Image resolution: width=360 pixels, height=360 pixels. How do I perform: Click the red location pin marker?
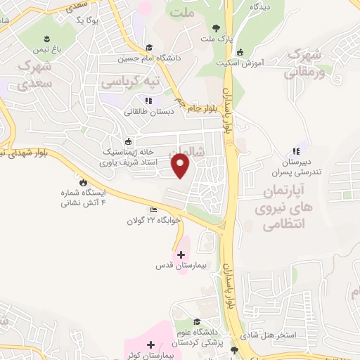click(181, 166)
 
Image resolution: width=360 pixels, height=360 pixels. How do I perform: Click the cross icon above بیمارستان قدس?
click(181, 255)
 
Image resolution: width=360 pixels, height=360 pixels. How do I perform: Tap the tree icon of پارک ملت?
click(215, 29)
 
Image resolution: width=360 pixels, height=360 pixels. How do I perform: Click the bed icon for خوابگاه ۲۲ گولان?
click(154, 210)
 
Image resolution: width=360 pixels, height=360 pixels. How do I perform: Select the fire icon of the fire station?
click(84, 181)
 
